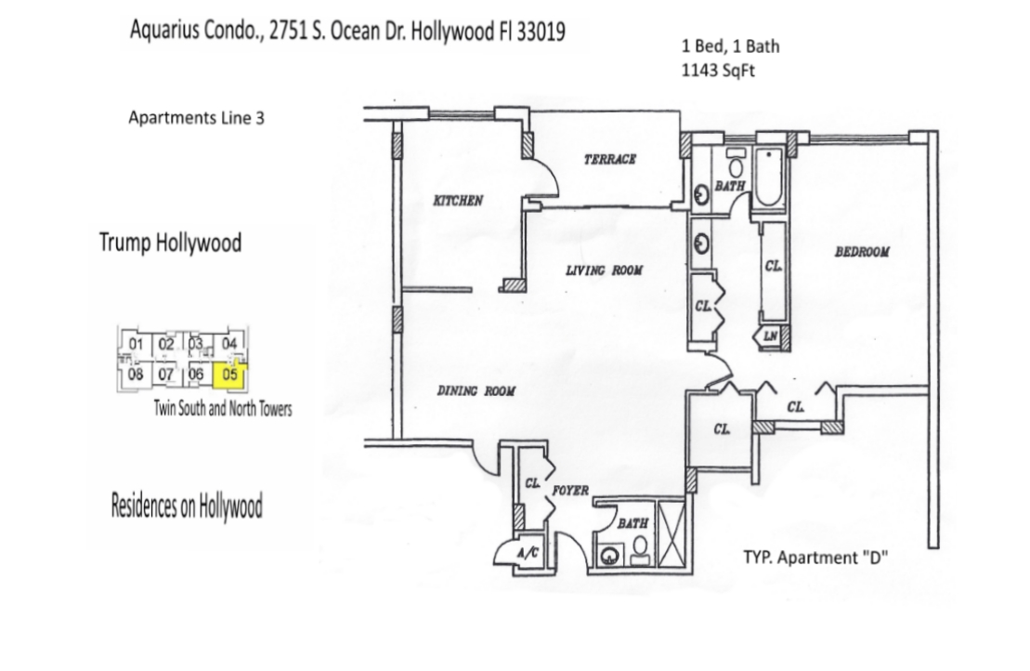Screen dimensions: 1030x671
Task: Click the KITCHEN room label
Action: point(458,201)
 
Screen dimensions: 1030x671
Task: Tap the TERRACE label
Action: point(610,158)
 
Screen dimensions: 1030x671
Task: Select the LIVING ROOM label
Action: point(605,270)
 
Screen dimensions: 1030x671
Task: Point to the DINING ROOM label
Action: point(476,391)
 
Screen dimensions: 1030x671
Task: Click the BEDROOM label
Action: point(862,252)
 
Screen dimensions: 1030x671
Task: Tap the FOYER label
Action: point(570,491)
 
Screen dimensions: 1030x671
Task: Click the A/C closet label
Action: point(528,553)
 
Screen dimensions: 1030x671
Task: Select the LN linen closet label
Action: point(770,336)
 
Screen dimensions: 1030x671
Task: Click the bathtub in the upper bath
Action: point(769,177)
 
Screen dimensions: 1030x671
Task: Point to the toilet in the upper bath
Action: point(736,163)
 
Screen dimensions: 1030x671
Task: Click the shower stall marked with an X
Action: point(671,533)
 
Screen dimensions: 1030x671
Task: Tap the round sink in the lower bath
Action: point(610,556)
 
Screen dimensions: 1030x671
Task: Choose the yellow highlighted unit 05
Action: point(230,375)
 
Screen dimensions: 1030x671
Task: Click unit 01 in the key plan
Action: point(136,344)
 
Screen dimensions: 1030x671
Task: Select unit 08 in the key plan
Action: point(136,375)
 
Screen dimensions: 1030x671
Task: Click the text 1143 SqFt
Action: point(718,71)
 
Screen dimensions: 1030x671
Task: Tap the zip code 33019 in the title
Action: point(541,32)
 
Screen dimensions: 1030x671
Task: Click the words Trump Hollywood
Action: point(171,243)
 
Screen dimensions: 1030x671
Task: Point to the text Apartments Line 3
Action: point(196,118)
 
